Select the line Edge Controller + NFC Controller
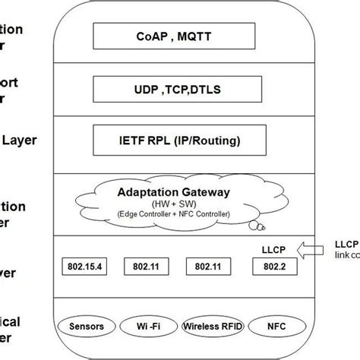coord(174,215)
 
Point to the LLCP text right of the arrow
coord(346,244)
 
